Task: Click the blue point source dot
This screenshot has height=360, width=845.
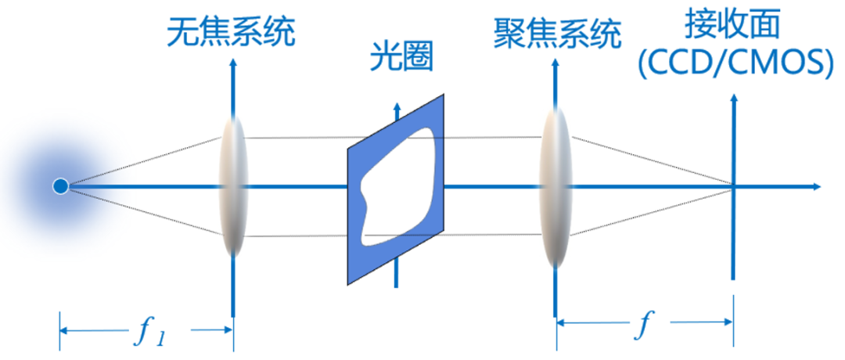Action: [x=59, y=186]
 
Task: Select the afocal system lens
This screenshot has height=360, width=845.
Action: [x=234, y=186]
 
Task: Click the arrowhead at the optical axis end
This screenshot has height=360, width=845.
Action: [x=816, y=186]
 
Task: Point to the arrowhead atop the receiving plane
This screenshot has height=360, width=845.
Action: [x=733, y=99]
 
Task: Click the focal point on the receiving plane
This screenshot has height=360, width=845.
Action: [x=733, y=186]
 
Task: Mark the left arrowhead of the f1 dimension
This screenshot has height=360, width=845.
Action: [x=64, y=330]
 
